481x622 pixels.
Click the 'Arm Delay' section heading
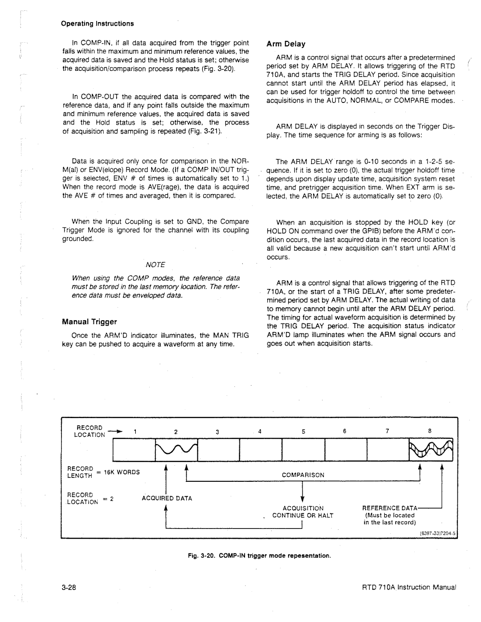pyautogui.click(x=285, y=44)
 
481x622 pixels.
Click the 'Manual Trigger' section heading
pyautogui.click(x=89, y=321)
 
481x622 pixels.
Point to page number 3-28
pyautogui.click(x=69, y=587)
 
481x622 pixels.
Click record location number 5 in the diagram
pyautogui.click(x=303, y=432)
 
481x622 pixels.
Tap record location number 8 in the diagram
pyautogui.click(x=430, y=431)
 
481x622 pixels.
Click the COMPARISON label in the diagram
pyautogui.click(x=303, y=475)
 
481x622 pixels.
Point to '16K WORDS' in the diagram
pyautogui.click(x=122, y=472)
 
